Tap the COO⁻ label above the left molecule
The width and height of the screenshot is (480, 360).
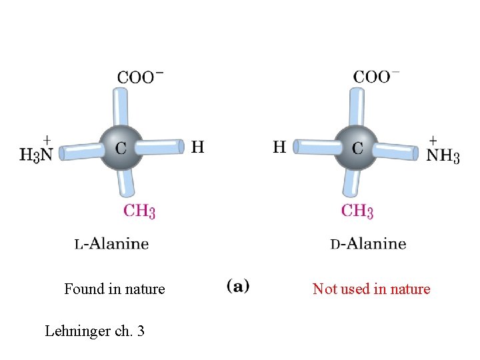coord(140,77)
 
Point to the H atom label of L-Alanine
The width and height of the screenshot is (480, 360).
coord(198,147)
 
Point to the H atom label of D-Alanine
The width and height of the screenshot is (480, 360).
coord(280,147)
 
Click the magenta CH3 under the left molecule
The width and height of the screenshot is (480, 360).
coord(140,211)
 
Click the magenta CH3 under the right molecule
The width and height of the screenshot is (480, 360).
coord(357,211)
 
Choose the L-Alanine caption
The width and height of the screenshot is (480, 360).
coord(111,243)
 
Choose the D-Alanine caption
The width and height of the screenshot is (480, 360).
coord(368,243)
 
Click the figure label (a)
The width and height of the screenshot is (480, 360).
coord(238,287)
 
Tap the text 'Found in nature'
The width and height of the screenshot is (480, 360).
coord(115,289)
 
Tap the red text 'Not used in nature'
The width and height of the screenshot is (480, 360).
coord(371,289)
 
